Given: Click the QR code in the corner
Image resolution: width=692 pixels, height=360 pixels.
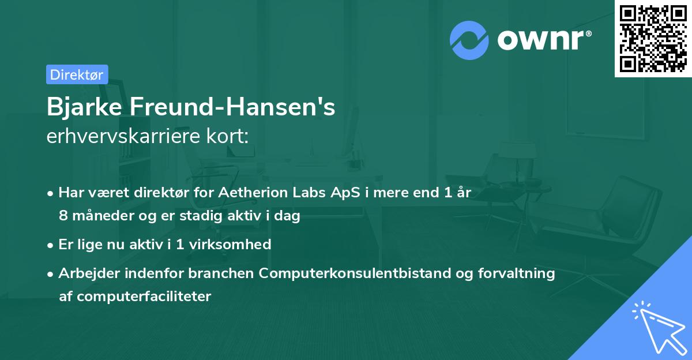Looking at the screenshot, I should [653, 39].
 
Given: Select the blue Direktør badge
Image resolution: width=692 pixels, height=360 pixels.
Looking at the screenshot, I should [77, 74].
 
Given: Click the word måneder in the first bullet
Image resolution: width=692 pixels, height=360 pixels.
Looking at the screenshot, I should [99, 216].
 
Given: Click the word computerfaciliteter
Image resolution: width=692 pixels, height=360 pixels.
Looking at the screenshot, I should [135, 296].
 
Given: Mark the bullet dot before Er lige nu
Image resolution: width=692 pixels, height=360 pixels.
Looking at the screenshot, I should [51, 245].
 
